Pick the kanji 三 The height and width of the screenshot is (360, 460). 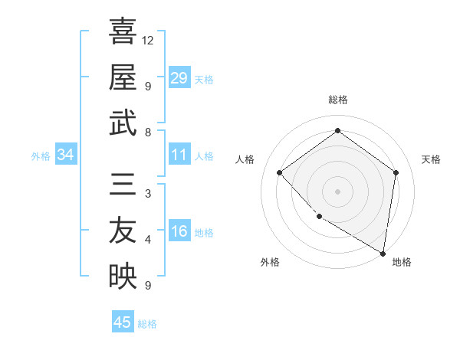(x=123, y=184)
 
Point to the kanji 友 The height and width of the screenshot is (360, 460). (x=123, y=230)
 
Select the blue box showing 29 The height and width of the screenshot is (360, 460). (x=179, y=78)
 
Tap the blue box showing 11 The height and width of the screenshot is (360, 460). (x=179, y=155)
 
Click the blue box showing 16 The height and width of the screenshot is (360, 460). (x=179, y=232)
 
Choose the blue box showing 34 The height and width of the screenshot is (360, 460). (x=66, y=155)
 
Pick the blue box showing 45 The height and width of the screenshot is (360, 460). (x=123, y=322)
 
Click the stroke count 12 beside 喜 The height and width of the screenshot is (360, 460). (x=148, y=40)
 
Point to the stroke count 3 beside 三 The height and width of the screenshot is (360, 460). (x=147, y=194)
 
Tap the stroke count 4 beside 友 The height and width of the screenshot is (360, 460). (x=147, y=240)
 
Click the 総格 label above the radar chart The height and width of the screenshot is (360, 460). (x=337, y=100)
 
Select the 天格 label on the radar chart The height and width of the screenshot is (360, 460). (x=431, y=159)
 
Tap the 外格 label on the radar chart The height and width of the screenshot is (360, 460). (x=270, y=262)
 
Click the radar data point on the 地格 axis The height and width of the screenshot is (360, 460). (x=383, y=253)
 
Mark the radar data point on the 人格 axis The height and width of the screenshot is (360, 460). (x=280, y=173)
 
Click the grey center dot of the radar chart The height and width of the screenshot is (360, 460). (x=337, y=191)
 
